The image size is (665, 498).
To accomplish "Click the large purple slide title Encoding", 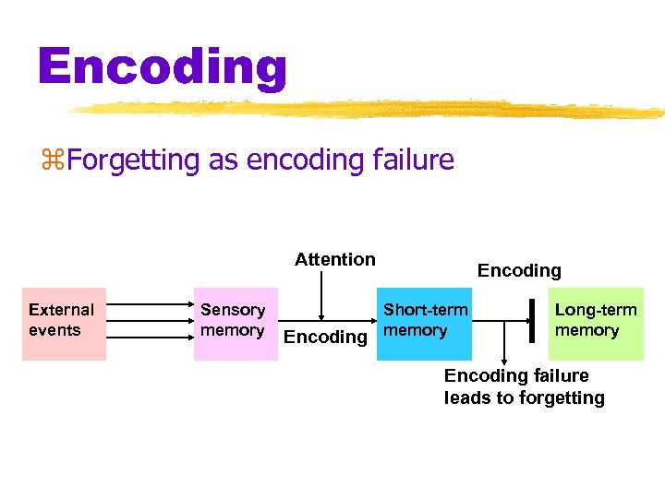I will pos(163,67).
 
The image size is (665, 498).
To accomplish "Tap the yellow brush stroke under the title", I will pos(369,110).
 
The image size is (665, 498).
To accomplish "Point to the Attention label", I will pos(334,259).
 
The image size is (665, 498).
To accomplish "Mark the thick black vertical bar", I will pos(532,320).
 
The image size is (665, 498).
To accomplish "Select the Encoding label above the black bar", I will pos(519,270).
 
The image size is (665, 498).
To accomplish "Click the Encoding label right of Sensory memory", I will pos(325,337).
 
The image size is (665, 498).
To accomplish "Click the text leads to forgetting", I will pos(524,398).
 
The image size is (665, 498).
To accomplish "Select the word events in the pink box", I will pos(54,330).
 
